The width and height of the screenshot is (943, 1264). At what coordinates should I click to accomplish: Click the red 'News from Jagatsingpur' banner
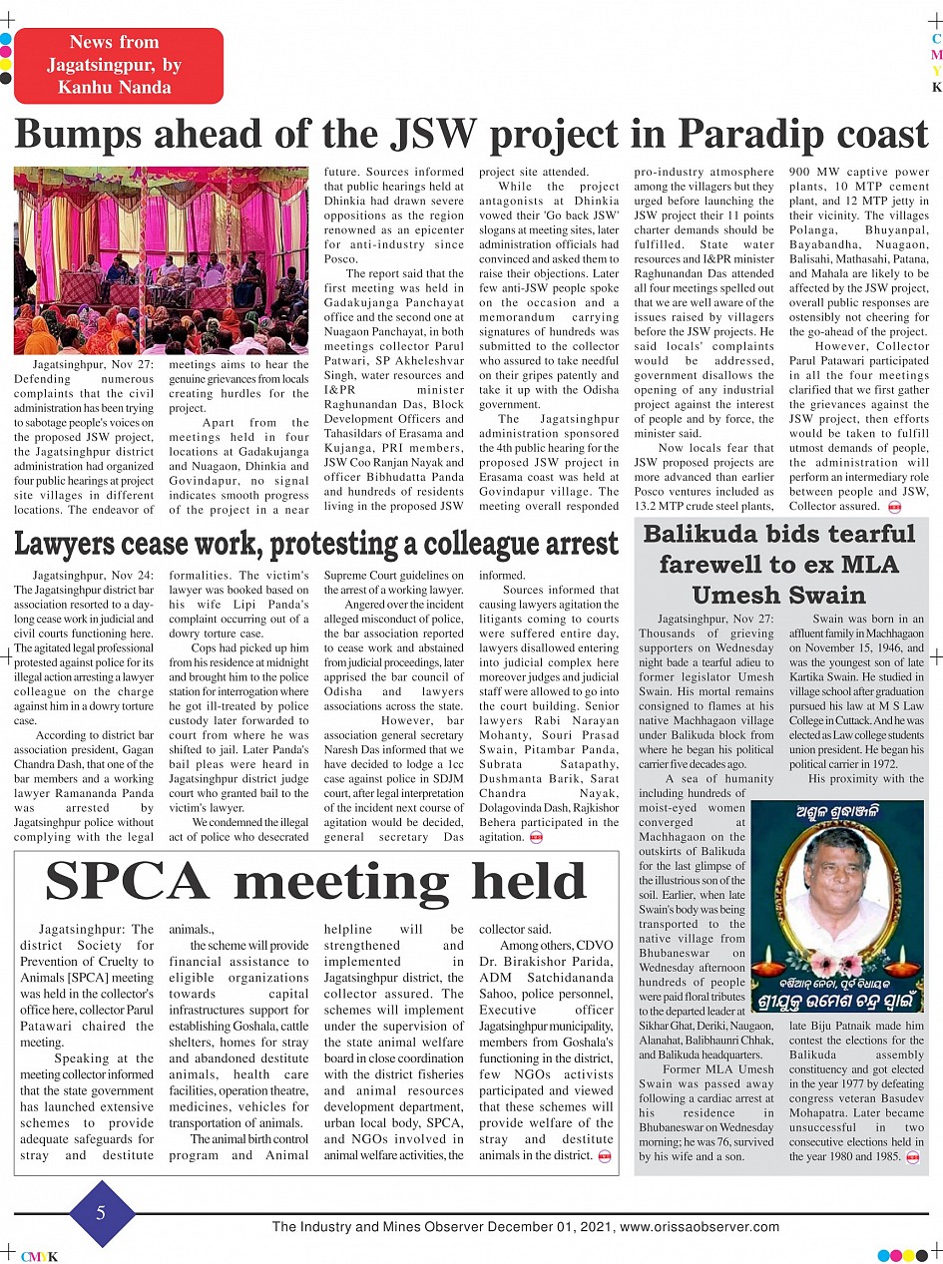[119, 65]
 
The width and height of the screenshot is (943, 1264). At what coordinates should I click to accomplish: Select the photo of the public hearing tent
[161, 260]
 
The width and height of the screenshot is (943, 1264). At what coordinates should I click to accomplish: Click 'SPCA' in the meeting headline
[128, 882]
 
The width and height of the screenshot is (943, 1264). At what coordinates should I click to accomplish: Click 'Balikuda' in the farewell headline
[703, 533]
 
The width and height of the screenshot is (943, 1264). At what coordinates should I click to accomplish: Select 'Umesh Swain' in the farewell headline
[778, 596]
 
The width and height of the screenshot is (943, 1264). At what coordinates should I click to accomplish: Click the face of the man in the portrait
[836, 870]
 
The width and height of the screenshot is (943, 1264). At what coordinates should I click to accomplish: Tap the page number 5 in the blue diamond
[101, 1212]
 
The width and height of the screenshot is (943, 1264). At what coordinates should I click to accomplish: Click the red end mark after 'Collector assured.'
[894, 507]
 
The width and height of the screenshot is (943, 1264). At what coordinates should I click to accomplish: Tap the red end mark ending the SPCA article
[603, 1156]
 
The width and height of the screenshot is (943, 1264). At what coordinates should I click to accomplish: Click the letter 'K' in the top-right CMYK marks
[936, 87]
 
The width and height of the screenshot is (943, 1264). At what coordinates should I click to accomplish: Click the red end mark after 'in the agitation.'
[536, 838]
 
